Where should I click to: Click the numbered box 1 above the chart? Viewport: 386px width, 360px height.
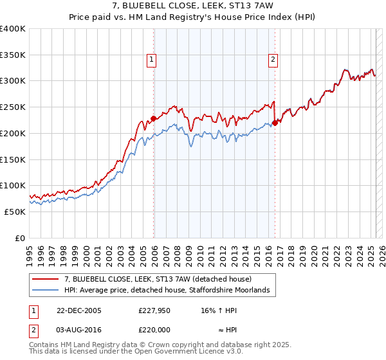[151, 60]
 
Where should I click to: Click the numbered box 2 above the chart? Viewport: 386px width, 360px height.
[273, 60]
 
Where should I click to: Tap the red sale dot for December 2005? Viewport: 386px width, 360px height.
[154, 118]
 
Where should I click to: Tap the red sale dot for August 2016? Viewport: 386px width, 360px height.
[275, 122]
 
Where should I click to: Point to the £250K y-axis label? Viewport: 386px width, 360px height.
[13, 107]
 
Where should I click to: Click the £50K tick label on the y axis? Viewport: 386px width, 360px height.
[15, 212]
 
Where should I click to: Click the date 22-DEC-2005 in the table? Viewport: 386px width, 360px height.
[79, 310]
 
